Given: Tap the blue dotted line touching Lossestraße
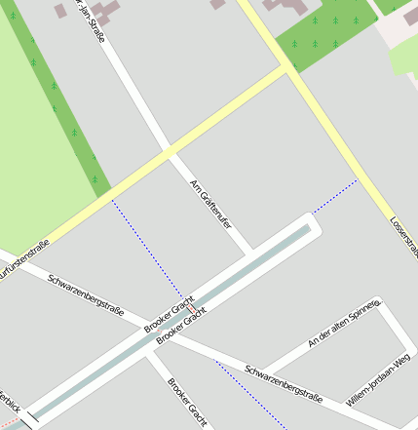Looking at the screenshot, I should pyautogui.click(x=336, y=195).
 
